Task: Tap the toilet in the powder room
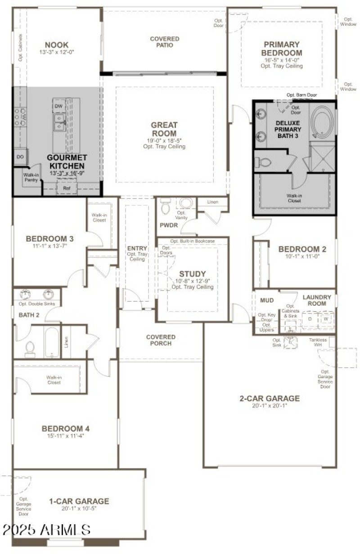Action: point(165,206)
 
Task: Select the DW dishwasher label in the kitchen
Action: point(58,106)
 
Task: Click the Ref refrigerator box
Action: point(67,188)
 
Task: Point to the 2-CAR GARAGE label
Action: point(270,398)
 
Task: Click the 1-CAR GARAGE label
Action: point(79,501)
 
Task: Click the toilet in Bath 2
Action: point(30,348)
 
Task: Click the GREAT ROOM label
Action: point(164,129)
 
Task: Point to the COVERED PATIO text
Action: point(164,42)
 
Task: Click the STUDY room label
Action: point(192,274)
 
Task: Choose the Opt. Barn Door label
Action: point(301,95)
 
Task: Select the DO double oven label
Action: point(20,157)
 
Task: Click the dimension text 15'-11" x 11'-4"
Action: point(63,435)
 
